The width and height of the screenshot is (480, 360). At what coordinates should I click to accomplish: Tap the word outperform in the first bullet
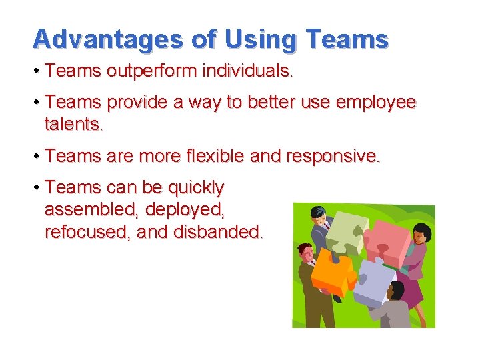pos(141,71)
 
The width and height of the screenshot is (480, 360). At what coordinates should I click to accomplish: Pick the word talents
pos(74,124)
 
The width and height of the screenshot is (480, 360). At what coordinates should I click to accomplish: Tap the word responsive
pos(333,156)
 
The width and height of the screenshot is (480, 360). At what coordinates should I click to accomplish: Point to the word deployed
pos(185,210)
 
